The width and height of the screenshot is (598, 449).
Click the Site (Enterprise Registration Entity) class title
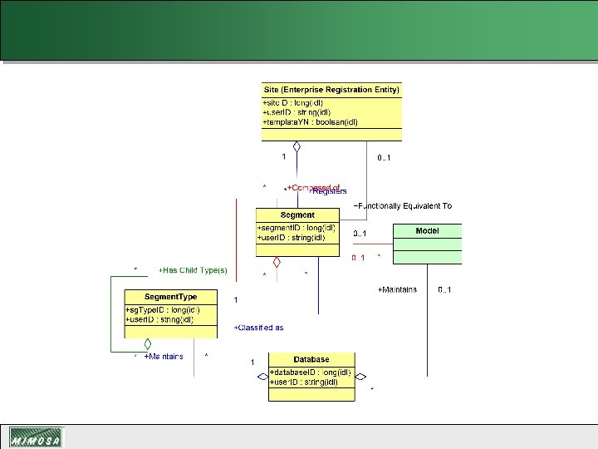click(x=331, y=89)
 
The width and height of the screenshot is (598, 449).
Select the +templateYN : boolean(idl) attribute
click(x=310, y=121)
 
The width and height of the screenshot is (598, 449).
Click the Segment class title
click(x=297, y=215)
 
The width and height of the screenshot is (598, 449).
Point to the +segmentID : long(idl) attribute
click(x=297, y=227)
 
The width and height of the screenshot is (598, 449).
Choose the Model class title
click(x=427, y=231)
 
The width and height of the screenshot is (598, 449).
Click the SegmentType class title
click(x=170, y=297)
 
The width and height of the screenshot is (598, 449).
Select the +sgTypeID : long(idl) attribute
click(x=162, y=310)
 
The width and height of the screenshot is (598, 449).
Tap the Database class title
click(x=311, y=359)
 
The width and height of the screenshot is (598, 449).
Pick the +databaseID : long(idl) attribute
click(x=311, y=372)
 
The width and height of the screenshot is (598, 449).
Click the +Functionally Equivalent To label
click(x=403, y=205)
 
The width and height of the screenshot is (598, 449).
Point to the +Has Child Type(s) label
click(x=193, y=269)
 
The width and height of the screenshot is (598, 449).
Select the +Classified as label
click(x=259, y=328)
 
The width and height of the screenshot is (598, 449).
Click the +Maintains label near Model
click(x=397, y=289)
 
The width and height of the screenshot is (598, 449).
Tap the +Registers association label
click(x=329, y=192)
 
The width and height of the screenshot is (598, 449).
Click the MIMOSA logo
click(x=35, y=437)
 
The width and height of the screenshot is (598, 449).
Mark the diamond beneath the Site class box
click(x=296, y=147)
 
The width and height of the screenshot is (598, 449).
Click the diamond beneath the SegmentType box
click(x=147, y=343)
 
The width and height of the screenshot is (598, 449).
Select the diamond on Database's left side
click(x=262, y=377)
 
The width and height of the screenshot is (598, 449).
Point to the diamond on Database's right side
click(x=360, y=377)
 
